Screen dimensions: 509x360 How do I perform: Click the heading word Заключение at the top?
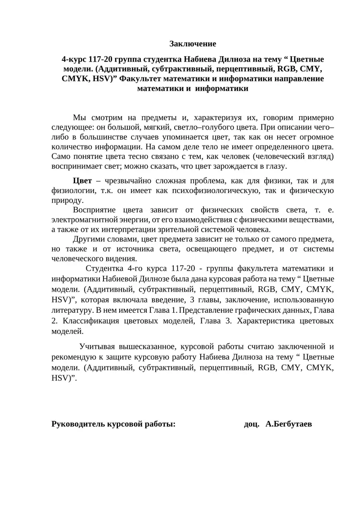(x=193, y=44)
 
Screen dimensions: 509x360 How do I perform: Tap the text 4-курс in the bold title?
(x=74, y=59)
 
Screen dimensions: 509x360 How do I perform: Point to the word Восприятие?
(x=95, y=210)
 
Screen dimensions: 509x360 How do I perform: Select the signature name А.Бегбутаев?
(x=289, y=424)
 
